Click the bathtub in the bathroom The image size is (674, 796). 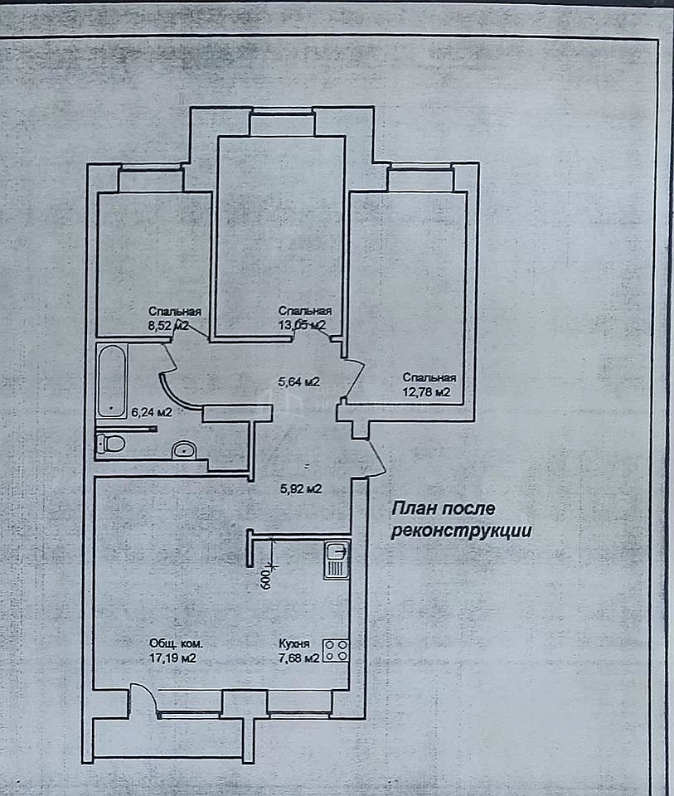click(x=111, y=381)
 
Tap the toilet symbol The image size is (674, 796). click(x=110, y=443)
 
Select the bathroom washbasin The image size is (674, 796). click(x=184, y=449)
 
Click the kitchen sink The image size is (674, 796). click(x=337, y=560)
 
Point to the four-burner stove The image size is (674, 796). click(x=336, y=650)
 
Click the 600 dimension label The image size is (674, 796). click(x=266, y=578)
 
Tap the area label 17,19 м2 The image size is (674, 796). click(x=172, y=658)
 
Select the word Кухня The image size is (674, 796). click(x=293, y=643)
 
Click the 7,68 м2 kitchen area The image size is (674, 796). click(x=299, y=658)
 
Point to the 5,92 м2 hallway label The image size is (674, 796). click(x=301, y=489)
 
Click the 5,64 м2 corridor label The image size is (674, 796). click(x=299, y=381)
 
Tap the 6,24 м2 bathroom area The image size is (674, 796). click(x=152, y=412)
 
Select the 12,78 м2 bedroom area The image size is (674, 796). click(x=426, y=392)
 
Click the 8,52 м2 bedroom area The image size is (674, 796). click(x=168, y=326)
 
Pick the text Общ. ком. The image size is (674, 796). click(x=176, y=643)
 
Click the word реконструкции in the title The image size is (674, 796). click(x=462, y=531)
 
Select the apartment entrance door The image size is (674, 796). click(x=376, y=459)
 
